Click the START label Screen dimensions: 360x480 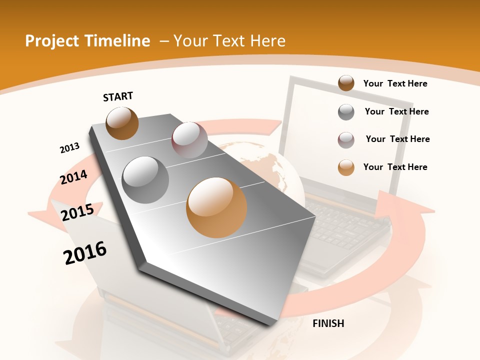tap(118, 96)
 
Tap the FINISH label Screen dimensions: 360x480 tap(328, 323)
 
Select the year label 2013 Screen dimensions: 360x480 tap(69, 148)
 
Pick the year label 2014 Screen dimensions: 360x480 tap(73, 177)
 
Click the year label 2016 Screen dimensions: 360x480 tap(85, 253)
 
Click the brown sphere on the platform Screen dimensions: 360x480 tap(122, 123)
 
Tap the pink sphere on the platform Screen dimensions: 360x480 tap(189, 139)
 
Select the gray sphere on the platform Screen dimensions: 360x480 tap(145, 179)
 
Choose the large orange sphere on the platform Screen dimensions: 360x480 tap(216, 207)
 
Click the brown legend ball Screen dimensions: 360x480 tap(346, 83)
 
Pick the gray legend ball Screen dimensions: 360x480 tap(346, 112)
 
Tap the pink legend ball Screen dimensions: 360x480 tap(346, 139)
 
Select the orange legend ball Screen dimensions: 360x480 tap(346, 167)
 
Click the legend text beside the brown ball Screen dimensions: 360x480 tap(395, 83)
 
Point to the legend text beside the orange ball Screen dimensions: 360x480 tap(395, 167)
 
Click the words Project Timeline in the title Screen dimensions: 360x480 tap(87, 41)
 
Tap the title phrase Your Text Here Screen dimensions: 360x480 tap(229, 41)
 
